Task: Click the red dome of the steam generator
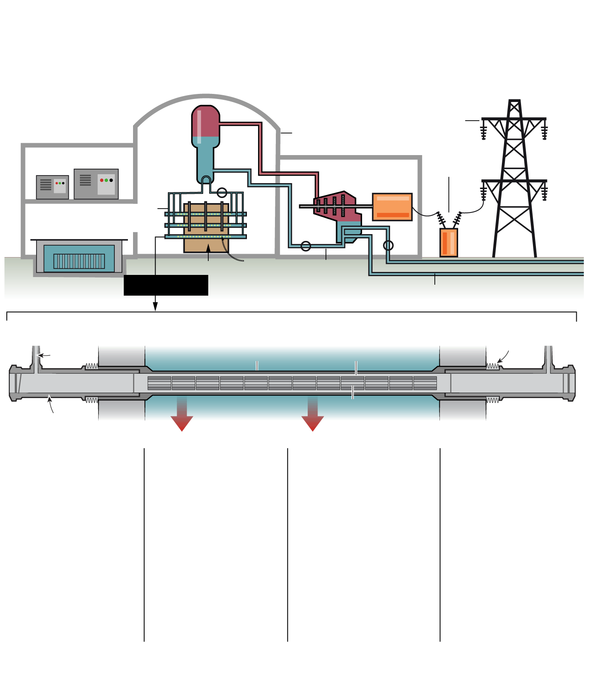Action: pyautogui.click(x=206, y=121)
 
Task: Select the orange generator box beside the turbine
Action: pyautogui.click(x=392, y=207)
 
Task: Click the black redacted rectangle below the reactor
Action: pyautogui.click(x=166, y=285)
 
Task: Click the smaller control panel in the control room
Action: pyautogui.click(x=52, y=187)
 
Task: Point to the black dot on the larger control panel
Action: pyautogui.click(x=111, y=180)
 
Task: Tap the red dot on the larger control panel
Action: pyautogui.click(x=102, y=180)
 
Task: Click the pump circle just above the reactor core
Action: pyautogui.click(x=222, y=192)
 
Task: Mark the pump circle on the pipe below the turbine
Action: pyautogui.click(x=306, y=246)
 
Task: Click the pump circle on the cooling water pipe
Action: pyautogui.click(x=388, y=245)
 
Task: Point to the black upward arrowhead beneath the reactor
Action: pyautogui.click(x=208, y=248)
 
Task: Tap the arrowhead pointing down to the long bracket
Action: pyautogui.click(x=155, y=306)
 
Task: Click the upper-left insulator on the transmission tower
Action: pyautogui.click(x=483, y=132)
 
